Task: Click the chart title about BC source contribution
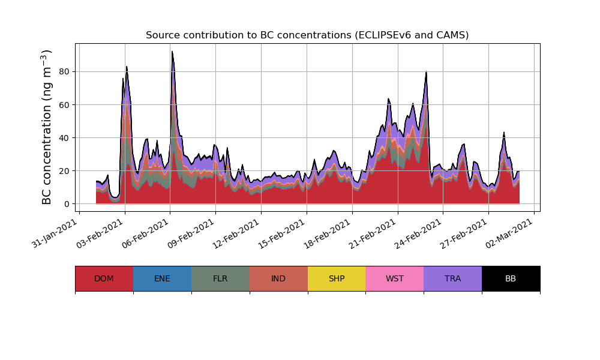pyautogui.click(x=307, y=35)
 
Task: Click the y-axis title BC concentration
pyautogui.click(x=47, y=127)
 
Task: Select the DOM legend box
pyautogui.click(x=104, y=278)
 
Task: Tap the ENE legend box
pyautogui.click(x=162, y=278)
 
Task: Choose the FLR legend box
pyautogui.click(x=220, y=278)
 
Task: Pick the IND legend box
pyautogui.click(x=278, y=278)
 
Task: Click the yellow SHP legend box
pyautogui.click(x=337, y=278)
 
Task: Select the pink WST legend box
pyautogui.click(x=395, y=278)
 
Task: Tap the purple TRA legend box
pyautogui.click(x=453, y=278)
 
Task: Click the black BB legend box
pyautogui.click(x=511, y=278)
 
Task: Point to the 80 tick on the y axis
pyautogui.click(x=64, y=71)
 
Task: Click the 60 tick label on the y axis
pyautogui.click(x=64, y=104)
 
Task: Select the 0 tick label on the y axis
pyautogui.click(x=66, y=204)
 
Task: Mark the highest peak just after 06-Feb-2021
pyautogui.click(x=172, y=52)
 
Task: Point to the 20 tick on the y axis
pyautogui.click(x=64, y=171)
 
